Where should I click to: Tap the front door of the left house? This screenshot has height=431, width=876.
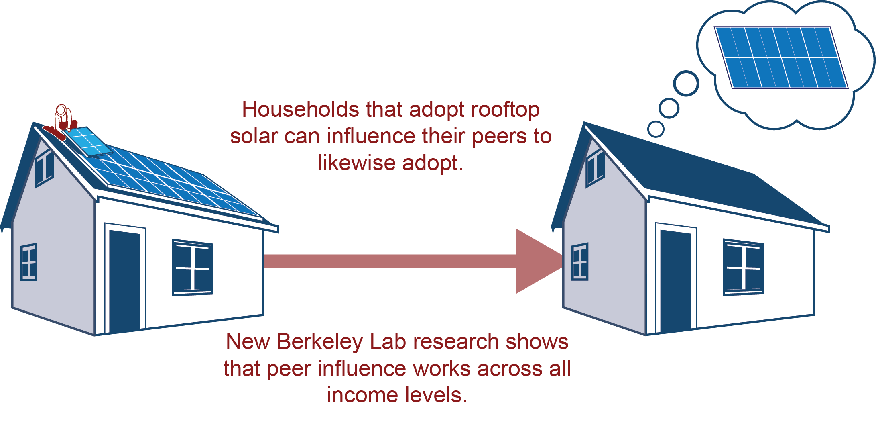pyautogui.click(x=125, y=281)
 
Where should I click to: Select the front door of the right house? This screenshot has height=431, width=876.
pyautogui.click(x=676, y=281)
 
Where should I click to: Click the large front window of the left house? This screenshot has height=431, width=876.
pyautogui.click(x=192, y=268)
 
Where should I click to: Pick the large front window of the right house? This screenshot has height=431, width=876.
pyautogui.click(x=743, y=268)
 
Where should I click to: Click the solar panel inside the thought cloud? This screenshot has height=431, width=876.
pyautogui.click(x=781, y=57)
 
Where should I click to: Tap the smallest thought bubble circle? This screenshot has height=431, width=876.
pyautogui.click(x=656, y=129)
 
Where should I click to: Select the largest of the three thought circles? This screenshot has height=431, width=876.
pyautogui.click(x=686, y=84)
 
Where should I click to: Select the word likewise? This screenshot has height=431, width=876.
pyautogui.click(x=357, y=163)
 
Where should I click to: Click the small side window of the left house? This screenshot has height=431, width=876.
pyautogui.click(x=29, y=262)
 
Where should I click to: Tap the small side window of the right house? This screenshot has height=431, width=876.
pyautogui.click(x=580, y=262)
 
